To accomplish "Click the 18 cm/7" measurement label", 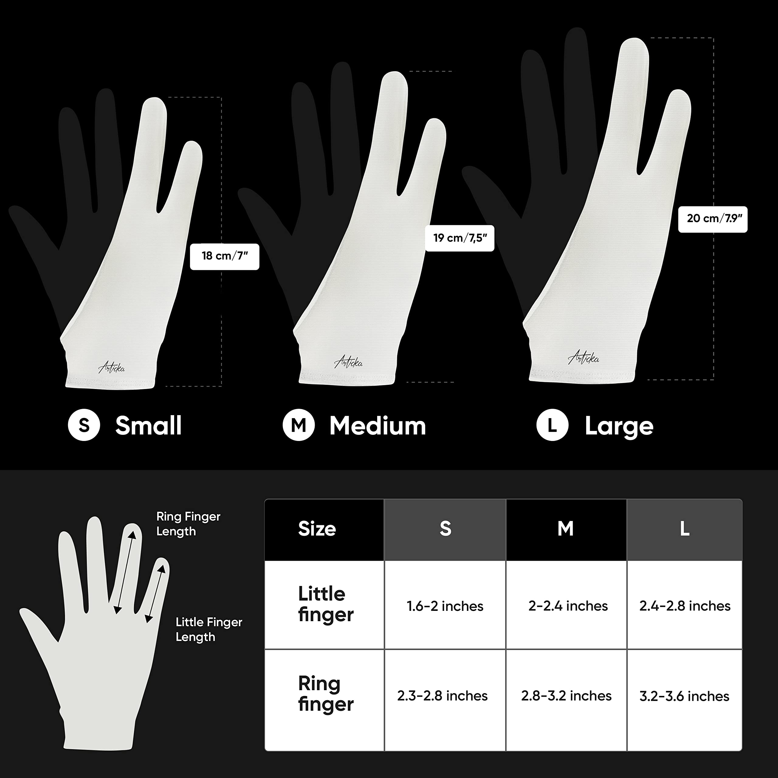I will click(x=224, y=256).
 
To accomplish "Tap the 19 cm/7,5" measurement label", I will click(x=460, y=238).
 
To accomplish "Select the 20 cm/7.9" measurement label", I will click(x=712, y=219).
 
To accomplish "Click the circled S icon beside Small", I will click(x=84, y=425).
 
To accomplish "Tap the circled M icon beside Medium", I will click(x=298, y=425).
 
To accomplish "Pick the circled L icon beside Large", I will click(x=552, y=425).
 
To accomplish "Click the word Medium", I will click(x=377, y=426).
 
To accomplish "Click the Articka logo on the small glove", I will click(x=112, y=367).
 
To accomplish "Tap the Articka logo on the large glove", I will click(x=583, y=357).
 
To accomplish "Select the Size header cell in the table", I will click(x=317, y=529).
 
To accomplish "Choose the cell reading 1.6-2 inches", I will click(x=445, y=606).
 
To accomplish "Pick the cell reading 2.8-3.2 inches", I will click(x=566, y=696).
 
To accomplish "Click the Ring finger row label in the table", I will click(x=325, y=694).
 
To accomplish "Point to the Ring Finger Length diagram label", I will click(x=188, y=524).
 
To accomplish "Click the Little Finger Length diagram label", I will click(x=208, y=629).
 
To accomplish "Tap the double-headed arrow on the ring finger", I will click(x=125, y=572).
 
